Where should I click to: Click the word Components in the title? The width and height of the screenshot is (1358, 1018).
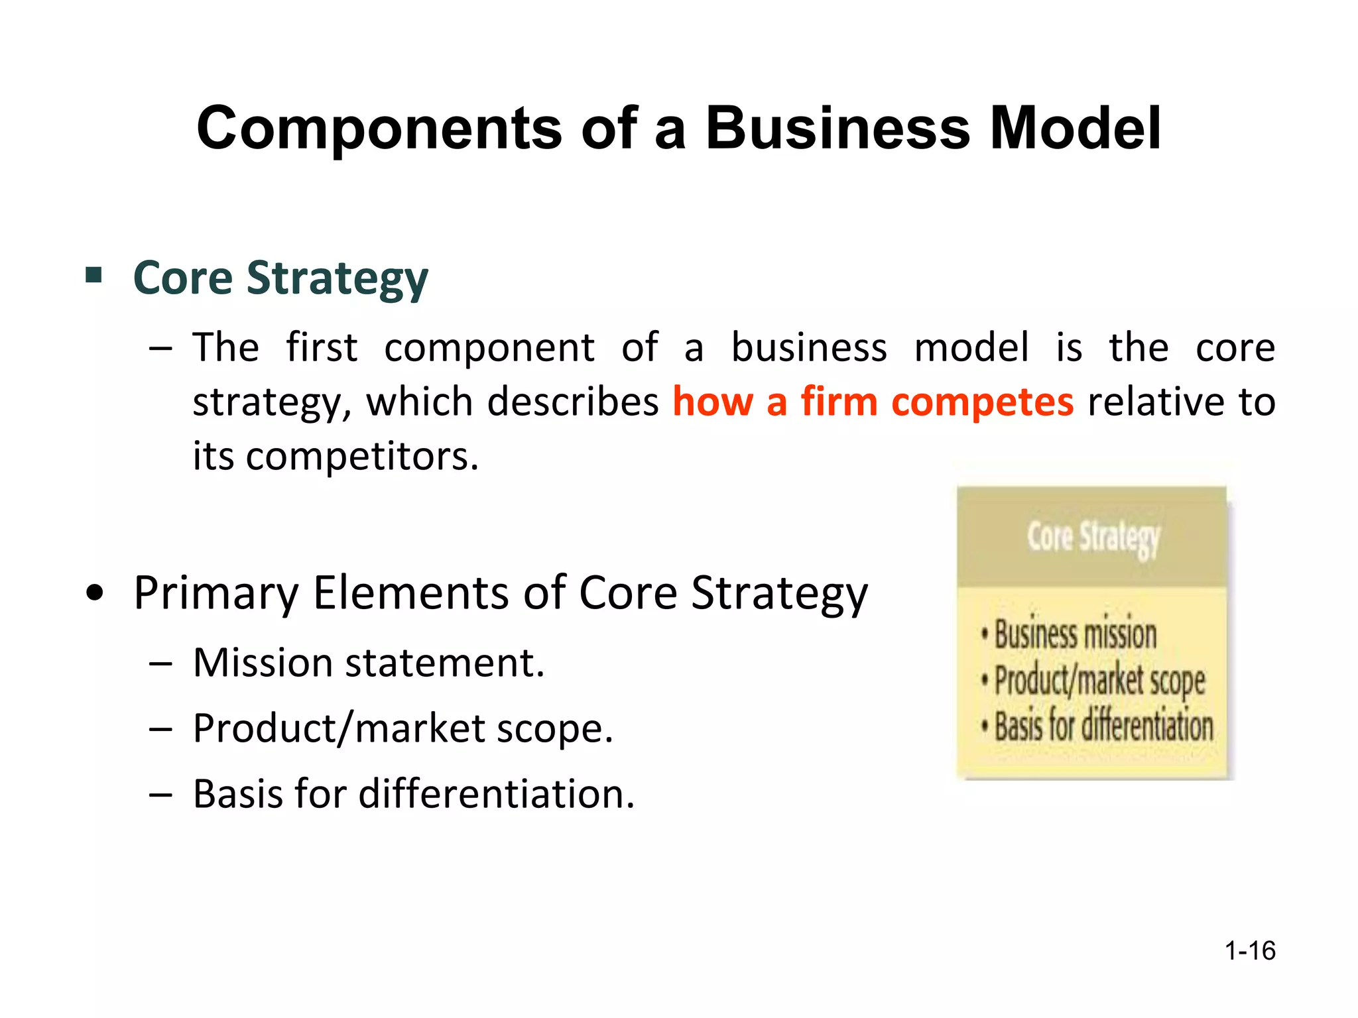pos(379,129)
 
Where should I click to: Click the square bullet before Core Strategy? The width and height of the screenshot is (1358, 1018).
pos(93,274)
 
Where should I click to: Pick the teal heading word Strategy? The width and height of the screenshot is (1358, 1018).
pos(337,278)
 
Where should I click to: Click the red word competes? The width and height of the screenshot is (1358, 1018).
pos(982,402)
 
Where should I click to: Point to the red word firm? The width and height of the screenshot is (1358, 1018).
pos(839,402)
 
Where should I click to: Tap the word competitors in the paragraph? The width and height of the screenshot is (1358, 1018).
pos(361,457)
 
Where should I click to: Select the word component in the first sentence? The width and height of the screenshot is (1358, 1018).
pos(489,349)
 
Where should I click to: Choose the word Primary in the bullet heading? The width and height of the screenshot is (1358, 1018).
pos(216,594)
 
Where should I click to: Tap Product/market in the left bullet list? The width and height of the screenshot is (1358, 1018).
pos(339,728)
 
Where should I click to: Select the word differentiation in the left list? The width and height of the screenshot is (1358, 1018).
pos(496,794)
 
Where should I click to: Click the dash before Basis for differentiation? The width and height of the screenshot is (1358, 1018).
pos(161,794)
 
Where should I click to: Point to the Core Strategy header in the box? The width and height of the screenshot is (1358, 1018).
pos(1093,537)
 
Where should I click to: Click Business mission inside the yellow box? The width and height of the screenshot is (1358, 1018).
pos(1075,634)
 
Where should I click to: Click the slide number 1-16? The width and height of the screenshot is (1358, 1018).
pos(1249,950)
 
